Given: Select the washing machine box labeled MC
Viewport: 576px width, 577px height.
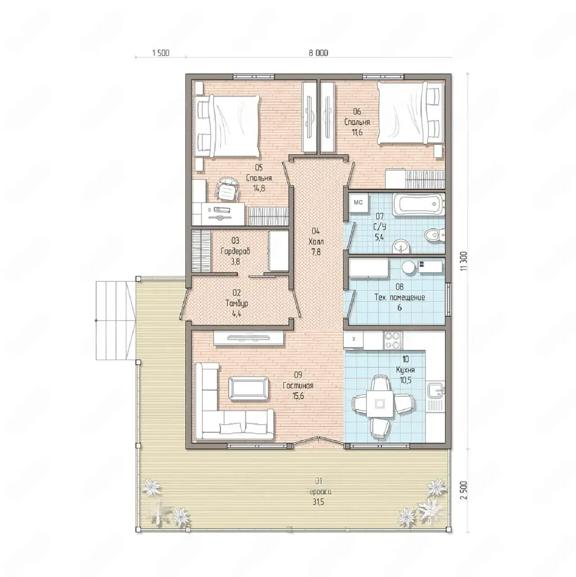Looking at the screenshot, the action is pyautogui.click(x=358, y=203).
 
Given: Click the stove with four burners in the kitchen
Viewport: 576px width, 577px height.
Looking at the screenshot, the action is pyautogui.click(x=393, y=340).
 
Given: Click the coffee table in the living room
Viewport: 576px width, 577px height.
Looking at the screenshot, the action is pyautogui.click(x=248, y=388).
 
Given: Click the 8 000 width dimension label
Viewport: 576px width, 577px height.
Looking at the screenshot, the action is pyautogui.click(x=318, y=53).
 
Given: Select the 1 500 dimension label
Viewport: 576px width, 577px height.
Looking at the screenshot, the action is pyautogui.click(x=161, y=53).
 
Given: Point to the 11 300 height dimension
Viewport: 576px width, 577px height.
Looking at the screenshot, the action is pyautogui.click(x=464, y=261).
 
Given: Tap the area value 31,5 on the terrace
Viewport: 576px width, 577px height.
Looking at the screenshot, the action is pyautogui.click(x=318, y=502).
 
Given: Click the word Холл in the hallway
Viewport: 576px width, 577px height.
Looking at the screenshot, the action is pyautogui.click(x=316, y=242).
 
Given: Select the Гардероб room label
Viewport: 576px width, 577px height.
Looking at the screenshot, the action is pyautogui.click(x=235, y=251).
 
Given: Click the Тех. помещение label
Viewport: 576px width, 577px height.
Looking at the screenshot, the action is pyautogui.click(x=400, y=298).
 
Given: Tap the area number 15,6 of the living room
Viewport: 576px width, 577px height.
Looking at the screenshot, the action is pyautogui.click(x=298, y=396).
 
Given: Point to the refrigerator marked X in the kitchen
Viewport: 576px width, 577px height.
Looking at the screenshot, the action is pyautogui.click(x=353, y=339).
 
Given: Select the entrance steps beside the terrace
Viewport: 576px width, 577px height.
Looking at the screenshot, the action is pyautogui.click(x=115, y=321).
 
